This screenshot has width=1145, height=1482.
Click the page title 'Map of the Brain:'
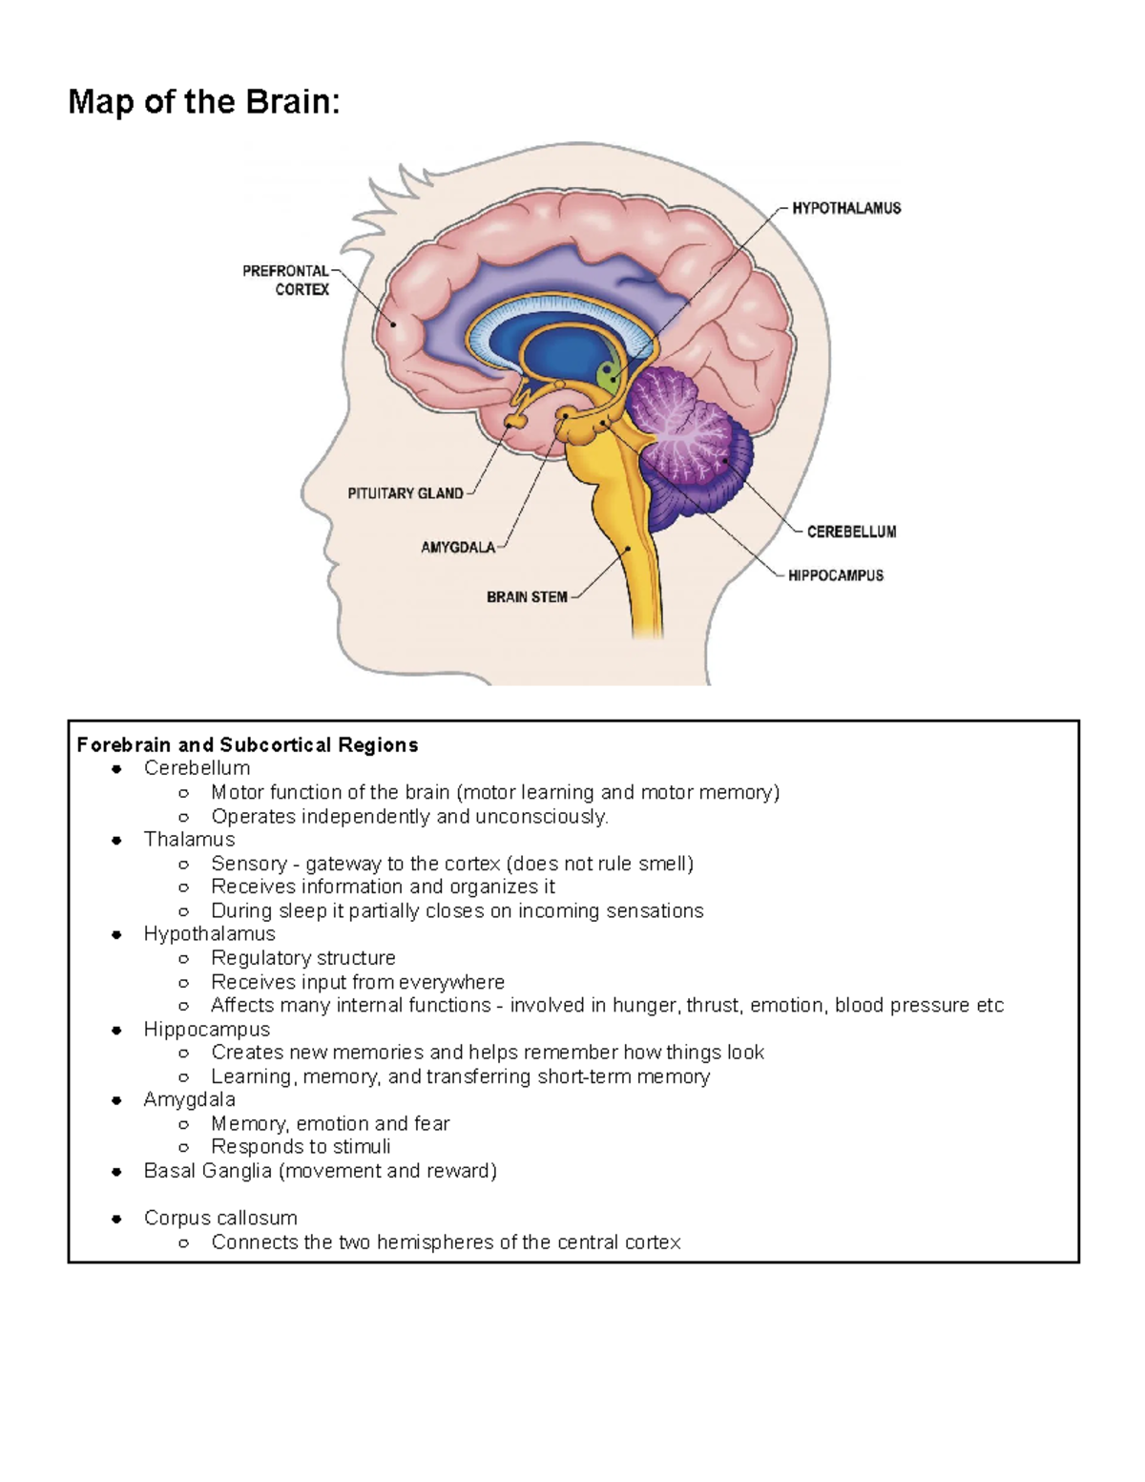[203, 102]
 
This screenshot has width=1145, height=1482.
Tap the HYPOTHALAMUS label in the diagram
[846, 208]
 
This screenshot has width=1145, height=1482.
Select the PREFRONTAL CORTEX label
[286, 281]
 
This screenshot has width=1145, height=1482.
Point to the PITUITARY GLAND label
[406, 493]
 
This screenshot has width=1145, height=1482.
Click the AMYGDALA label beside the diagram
[458, 548]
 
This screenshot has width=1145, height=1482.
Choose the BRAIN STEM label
[527, 597]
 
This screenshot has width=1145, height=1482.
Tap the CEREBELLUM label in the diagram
[851, 532]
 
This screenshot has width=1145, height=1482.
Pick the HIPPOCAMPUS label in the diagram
[836, 575]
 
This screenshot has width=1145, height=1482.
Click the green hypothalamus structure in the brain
[608, 375]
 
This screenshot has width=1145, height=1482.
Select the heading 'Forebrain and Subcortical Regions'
[247, 745]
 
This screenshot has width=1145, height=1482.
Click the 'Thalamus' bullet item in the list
[189, 840]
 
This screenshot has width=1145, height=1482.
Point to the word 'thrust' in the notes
[713, 1006]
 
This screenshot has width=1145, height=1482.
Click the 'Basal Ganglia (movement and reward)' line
[320, 1171]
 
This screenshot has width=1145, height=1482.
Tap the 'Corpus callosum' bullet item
[220, 1219]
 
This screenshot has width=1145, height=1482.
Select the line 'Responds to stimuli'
[301, 1147]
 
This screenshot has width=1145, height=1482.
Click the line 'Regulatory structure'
[302, 958]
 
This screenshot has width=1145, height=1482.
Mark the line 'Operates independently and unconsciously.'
[409, 817]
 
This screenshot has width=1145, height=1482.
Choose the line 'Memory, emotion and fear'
[330, 1124]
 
